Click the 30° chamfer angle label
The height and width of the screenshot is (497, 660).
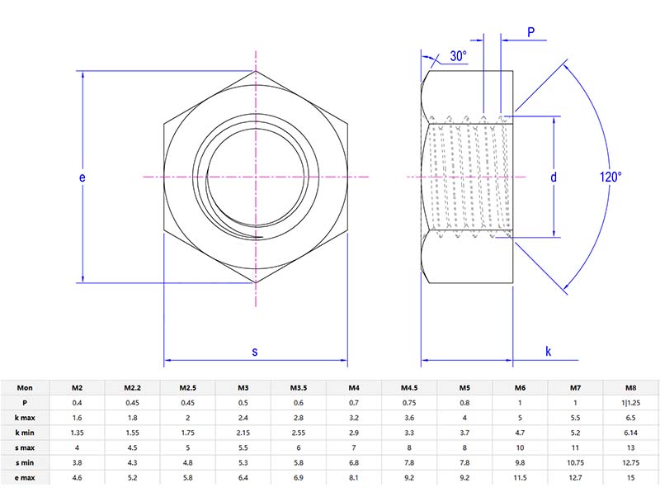coord(458,56)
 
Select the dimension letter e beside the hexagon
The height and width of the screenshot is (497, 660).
coord(82,177)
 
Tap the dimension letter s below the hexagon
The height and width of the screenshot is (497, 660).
coord(255,352)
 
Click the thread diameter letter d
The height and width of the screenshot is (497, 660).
coord(554,177)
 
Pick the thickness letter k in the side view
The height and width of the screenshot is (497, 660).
coord(549,352)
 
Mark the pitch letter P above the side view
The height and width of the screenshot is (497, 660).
coord(531,32)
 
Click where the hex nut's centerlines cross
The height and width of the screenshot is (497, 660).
coord(256,177)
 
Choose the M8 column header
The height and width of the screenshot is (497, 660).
coord(630,387)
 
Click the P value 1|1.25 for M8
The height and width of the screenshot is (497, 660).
coord(630,402)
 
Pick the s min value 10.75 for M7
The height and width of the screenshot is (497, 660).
coord(575,463)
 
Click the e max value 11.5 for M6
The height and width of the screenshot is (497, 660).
coord(520,478)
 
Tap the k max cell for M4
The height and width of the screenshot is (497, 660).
coord(353,418)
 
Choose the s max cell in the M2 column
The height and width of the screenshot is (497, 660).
coord(77,447)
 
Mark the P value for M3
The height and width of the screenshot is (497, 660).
coord(243,402)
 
